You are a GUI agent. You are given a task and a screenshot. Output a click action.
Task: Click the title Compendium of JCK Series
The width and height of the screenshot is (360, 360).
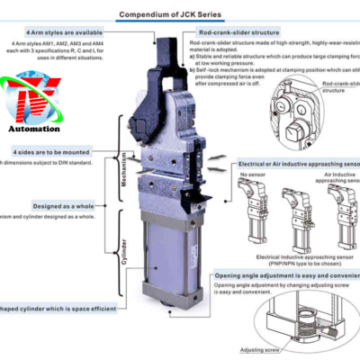(180, 14)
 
